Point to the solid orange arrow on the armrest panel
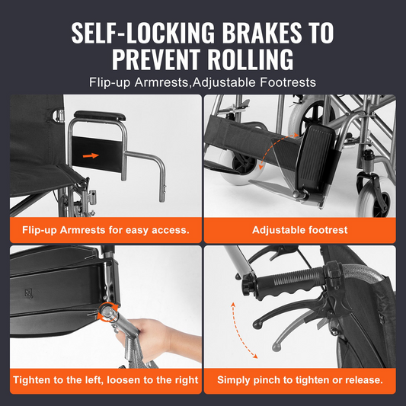(91, 155)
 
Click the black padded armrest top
(100, 116)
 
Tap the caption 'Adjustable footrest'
(300, 230)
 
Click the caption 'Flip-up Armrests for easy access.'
(106, 230)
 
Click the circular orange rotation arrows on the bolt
(107, 313)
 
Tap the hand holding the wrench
(161, 339)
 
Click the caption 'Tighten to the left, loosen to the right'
(106, 380)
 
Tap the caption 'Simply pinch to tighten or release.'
(300, 380)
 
